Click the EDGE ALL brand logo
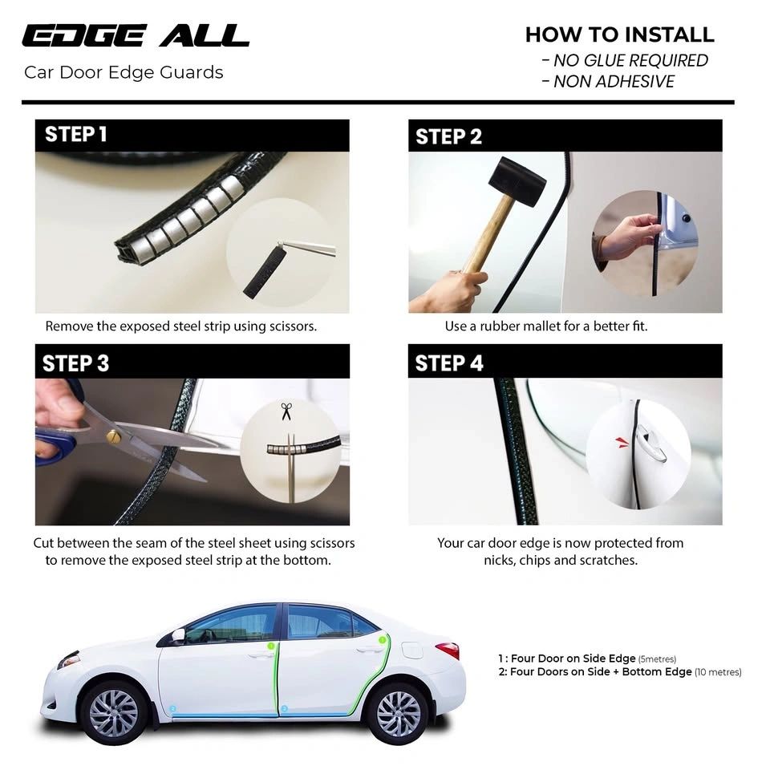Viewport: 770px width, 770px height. [x=136, y=36]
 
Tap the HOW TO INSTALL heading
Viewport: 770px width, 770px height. [x=620, y=34]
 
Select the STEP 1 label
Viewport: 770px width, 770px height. [x=76, y=134]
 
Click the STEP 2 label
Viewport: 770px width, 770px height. [x=449, y=136]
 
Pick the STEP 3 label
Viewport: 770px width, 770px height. [x=75, y=363]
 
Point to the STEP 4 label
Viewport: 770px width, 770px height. [x=449, y=363]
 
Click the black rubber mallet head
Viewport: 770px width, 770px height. [x=517, y=182]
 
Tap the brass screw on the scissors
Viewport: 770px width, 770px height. [x=114, y=435]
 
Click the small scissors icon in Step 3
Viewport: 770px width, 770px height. [x=286, y=411]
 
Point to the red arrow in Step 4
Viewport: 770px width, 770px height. [x=622, y=443]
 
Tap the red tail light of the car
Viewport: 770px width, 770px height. [x=448, y=650]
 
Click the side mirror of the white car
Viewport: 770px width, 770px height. [x=177, y=635]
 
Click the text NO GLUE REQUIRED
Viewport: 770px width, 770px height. [x=630, y=60]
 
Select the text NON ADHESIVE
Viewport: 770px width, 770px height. [x=614, y=82]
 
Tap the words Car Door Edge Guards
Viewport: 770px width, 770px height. [x=124, y=73]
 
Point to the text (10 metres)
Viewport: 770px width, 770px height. [x=718, y=672]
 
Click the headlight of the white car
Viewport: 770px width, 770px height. [x=68, y=659]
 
